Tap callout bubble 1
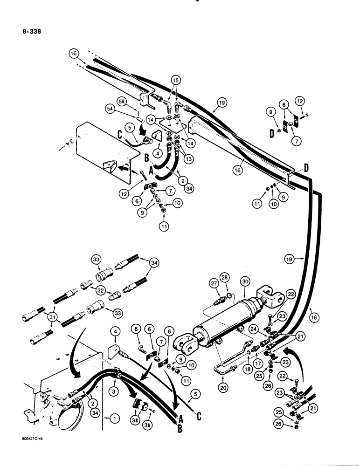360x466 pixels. pos(112,419)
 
